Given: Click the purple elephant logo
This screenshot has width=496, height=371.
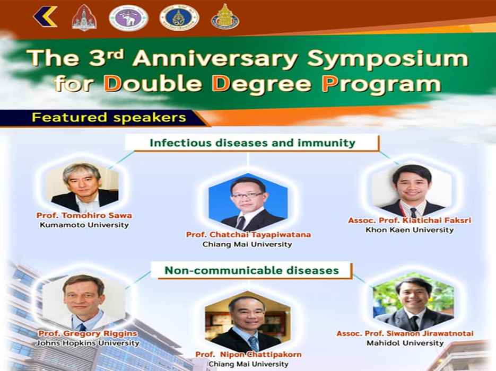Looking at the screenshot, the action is coord(128,17).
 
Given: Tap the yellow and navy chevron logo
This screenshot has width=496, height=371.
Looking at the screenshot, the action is coord(45,17).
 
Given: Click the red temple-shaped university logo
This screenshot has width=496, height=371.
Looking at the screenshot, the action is coord(84,17).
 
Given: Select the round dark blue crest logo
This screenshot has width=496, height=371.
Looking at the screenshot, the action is coord(179,17).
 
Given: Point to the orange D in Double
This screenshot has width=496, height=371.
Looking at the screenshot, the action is coord(113,83).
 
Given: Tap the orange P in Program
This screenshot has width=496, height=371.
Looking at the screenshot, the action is coord(329,83).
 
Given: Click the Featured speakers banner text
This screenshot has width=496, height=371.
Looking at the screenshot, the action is coord(109,118).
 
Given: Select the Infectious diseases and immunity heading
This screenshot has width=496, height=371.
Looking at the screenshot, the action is coord(253,143).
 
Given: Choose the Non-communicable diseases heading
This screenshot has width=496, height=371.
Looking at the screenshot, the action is coord(251,270).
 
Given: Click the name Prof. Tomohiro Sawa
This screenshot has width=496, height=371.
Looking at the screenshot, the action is coord(84,215).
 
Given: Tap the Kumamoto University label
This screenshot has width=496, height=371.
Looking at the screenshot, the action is coord(84,225).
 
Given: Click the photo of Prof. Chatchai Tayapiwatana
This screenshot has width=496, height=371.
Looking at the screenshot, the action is coord(248,201).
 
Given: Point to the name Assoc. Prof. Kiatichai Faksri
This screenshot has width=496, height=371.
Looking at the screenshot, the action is coord(410,220).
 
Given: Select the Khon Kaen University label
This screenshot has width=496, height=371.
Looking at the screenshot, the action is coord(410,229).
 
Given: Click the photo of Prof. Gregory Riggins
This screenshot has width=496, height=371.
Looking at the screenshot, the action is coord(84,302).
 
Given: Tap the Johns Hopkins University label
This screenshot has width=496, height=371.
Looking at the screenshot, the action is coord(88,343).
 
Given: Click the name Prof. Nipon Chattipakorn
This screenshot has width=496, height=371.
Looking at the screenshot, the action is coord(248,354).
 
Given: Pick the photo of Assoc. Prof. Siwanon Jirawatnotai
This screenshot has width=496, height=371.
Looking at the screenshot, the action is coord(413,302).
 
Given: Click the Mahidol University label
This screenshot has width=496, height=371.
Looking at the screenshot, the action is coord(405,343).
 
